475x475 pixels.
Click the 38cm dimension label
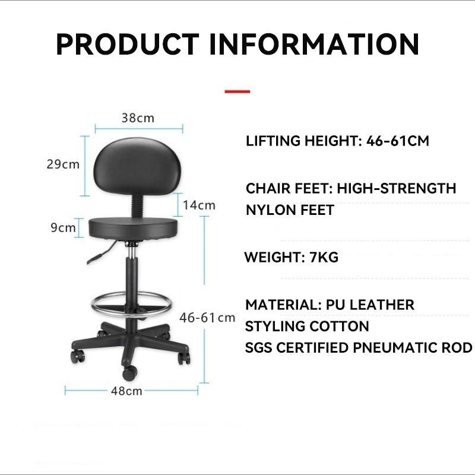point(138,118)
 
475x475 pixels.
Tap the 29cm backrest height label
point(63,164)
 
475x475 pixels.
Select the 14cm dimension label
point(199,205)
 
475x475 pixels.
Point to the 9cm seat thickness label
point(63,227)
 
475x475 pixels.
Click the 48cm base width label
point(126,391)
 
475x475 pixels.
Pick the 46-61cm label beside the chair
point(207,318)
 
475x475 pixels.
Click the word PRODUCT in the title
point(127,44)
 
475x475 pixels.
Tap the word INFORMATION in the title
point(315,44)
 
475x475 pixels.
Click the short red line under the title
point(237,91)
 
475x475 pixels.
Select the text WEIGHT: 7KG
point(292,257)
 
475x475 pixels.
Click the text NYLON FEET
point(290,210)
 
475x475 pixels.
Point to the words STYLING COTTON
point(307,326)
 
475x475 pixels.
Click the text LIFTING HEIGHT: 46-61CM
point(337,141)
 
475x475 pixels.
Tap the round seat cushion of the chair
point(133,229)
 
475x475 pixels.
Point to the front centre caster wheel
point(129,373)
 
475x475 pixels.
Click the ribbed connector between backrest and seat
point(137,206)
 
